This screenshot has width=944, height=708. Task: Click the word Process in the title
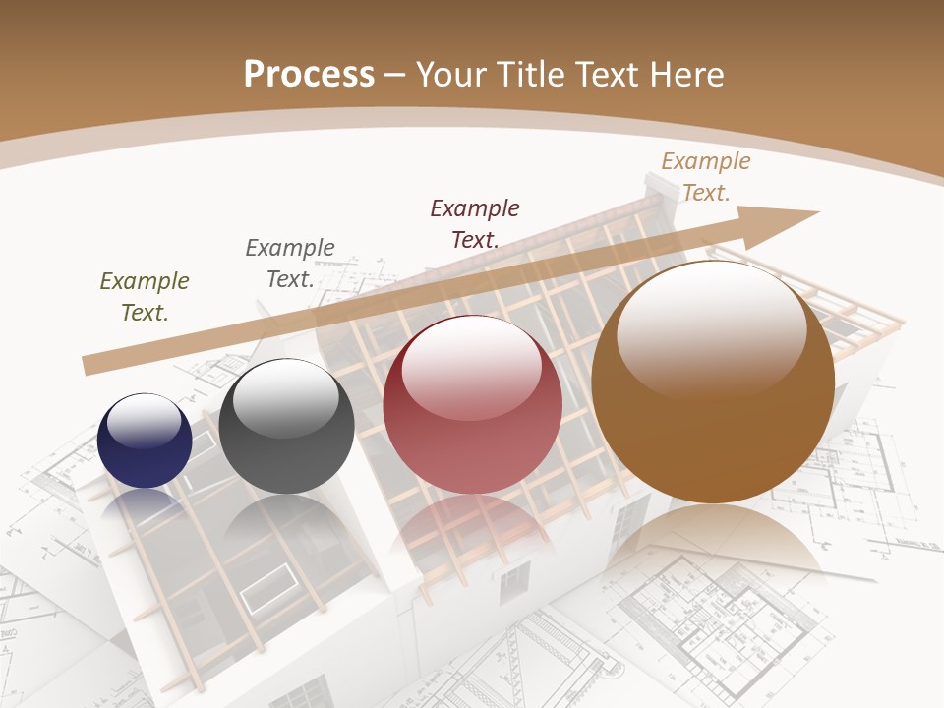coord(309,74)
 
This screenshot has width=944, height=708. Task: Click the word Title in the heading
coord(530,74)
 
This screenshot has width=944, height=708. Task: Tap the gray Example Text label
coord(290,264)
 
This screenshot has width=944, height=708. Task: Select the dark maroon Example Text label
coord(475,223)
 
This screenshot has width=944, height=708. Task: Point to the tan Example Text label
coord(705,177)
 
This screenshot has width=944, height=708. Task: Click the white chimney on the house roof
coord(656,189)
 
